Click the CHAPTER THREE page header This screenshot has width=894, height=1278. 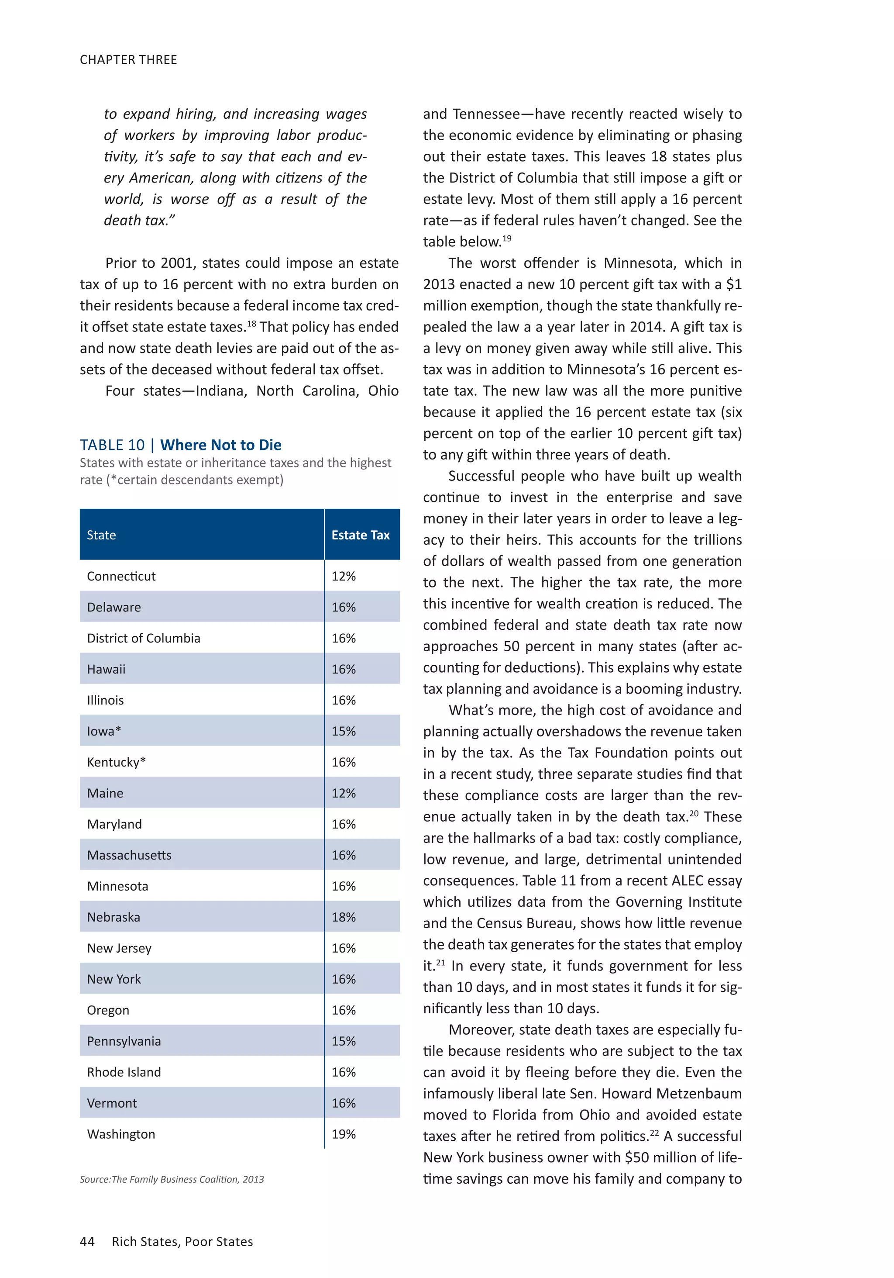pyautogui.click(x=128, y=59)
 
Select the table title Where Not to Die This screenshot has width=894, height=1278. pyautogui.click(x=220, y=445)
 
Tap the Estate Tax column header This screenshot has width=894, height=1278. pyautogui.click(x=361, y=535)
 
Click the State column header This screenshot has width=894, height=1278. pyautogui.click(x=101, y=535)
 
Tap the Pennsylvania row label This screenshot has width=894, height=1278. pyautogui.click(x=124, y=1041)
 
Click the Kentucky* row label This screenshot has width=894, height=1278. pyautogui.click(x=116, y=762)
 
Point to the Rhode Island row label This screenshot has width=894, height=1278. pyautogui.click(x=124, y=1072)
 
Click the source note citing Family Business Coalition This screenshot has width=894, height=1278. pyautogui.click(x=172, y=1179)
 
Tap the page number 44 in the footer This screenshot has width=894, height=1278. pyautogui.click(x=87, y=1241)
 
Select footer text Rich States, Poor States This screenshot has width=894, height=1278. pyautogui.click(x=182, y=1241)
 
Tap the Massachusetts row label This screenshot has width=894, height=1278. pyautogui.click(x=129, y=855)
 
